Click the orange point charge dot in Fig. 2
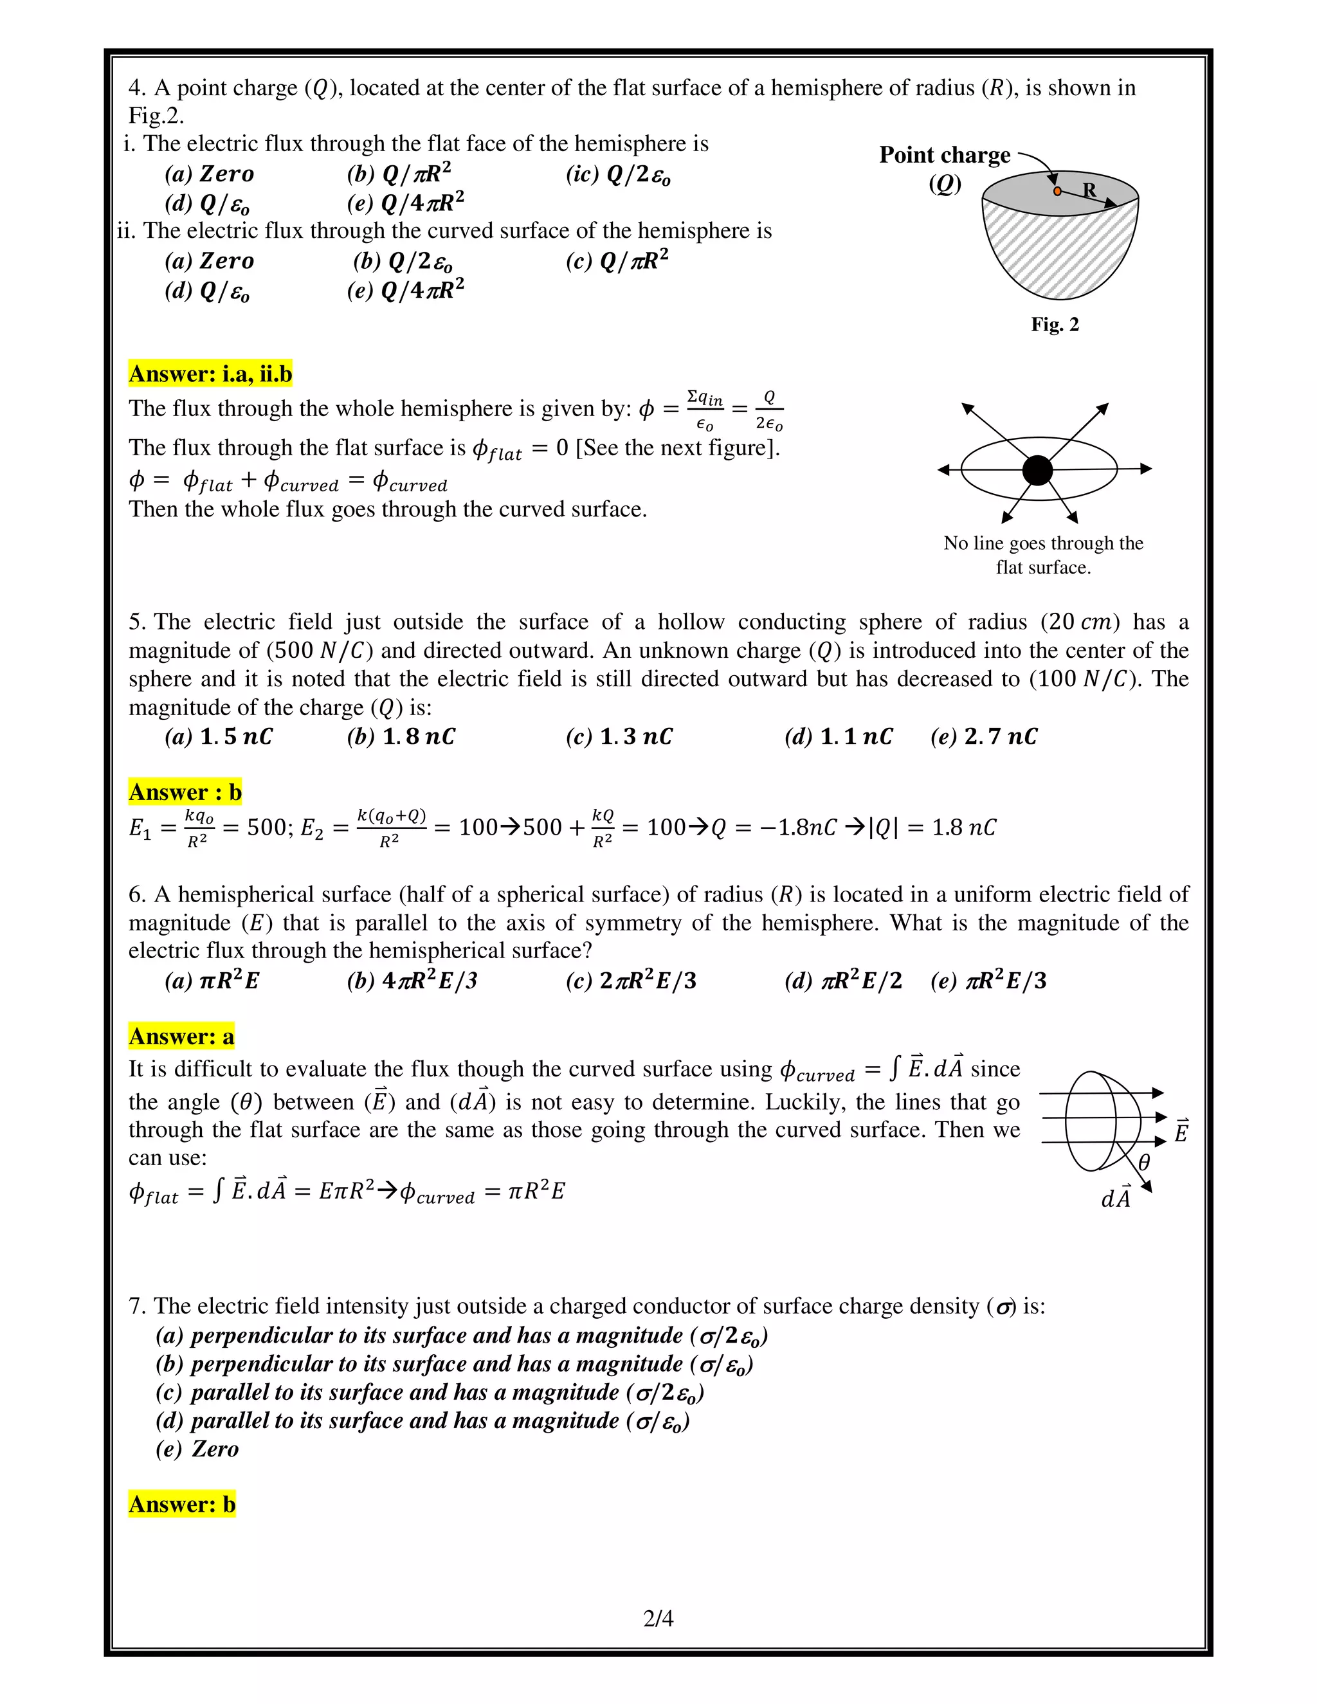click(x=1057, y=191)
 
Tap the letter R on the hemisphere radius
click(x=1090, y=190)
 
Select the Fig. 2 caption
click(x=1055, y=325)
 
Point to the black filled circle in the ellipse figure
click(x=1037, y=471)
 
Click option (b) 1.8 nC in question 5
click(x=401, y=736)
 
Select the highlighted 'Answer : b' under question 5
click(x=185, y=792)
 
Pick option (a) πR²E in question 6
click(x=212, y=981)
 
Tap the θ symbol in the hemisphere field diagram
click(x=1144, y=1163)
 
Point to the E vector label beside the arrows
click(x=1181, y=1131)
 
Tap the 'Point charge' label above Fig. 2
click(x=944, y=155)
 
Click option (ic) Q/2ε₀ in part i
click(x=618, y=175)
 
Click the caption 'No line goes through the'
click(x=1043, y=543)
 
